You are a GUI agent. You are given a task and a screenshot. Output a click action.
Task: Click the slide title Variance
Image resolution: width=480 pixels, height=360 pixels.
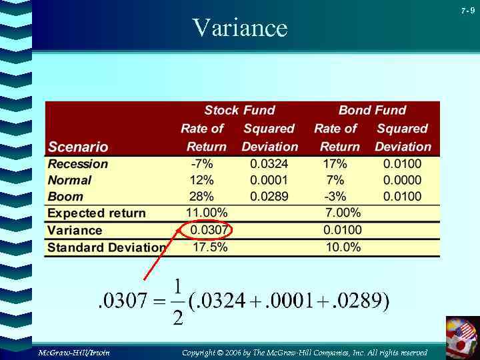239,28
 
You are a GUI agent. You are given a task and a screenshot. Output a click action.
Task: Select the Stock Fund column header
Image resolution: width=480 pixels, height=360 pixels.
239,111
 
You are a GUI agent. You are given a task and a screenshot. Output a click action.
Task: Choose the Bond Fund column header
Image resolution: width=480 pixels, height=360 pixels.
372,111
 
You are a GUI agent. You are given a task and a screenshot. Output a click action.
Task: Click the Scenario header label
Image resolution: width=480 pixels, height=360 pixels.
77,147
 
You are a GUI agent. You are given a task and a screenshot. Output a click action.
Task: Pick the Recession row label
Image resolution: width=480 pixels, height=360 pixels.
77,164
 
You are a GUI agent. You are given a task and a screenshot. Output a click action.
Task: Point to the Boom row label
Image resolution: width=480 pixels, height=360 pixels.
65,197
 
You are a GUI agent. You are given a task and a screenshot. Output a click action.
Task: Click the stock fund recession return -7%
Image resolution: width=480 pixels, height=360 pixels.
201,164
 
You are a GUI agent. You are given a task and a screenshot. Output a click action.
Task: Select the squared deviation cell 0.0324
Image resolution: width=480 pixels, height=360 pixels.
269,164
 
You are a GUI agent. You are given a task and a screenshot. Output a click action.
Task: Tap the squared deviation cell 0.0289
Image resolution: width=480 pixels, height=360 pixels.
269,197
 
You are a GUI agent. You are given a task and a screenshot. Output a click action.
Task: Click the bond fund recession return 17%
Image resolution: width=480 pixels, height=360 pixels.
335,164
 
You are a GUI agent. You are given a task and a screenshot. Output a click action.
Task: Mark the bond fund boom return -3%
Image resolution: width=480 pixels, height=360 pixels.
335,197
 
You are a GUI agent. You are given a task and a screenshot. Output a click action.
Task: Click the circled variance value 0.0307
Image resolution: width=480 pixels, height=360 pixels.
209,231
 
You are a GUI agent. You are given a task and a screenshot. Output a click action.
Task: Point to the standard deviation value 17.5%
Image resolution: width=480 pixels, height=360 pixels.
210,247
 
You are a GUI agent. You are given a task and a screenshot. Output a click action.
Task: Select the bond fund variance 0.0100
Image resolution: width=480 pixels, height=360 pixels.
343,231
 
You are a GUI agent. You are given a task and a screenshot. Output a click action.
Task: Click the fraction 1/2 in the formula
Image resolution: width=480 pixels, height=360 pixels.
177,303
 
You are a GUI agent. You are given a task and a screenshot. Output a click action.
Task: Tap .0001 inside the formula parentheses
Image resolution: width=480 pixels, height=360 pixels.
289,302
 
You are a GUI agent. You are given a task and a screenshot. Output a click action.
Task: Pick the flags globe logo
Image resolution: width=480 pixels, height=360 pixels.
462,336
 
